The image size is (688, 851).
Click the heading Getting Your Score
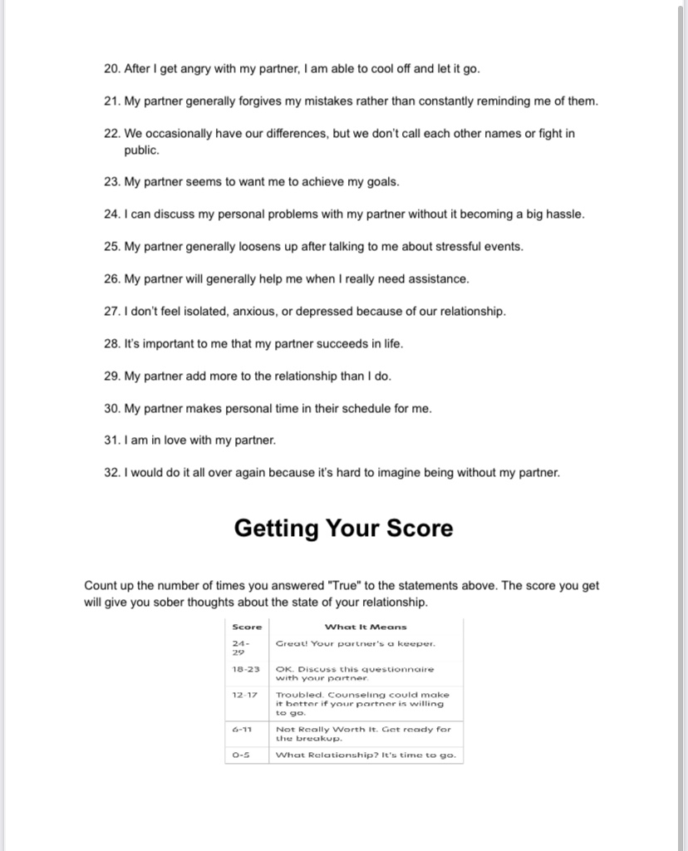coord(343,529)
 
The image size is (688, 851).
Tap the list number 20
coord(111,69)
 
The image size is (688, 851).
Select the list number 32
coord(111,473)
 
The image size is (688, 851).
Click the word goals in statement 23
coord(381,182)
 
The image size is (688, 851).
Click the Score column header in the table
coord(248,627)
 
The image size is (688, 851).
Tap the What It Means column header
coord(366,627)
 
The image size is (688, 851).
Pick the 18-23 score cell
coord(246,668)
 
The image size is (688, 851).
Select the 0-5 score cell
coord(241,755)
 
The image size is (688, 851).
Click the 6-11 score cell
coord(243,729)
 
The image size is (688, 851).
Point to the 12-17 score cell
coord(246,694)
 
